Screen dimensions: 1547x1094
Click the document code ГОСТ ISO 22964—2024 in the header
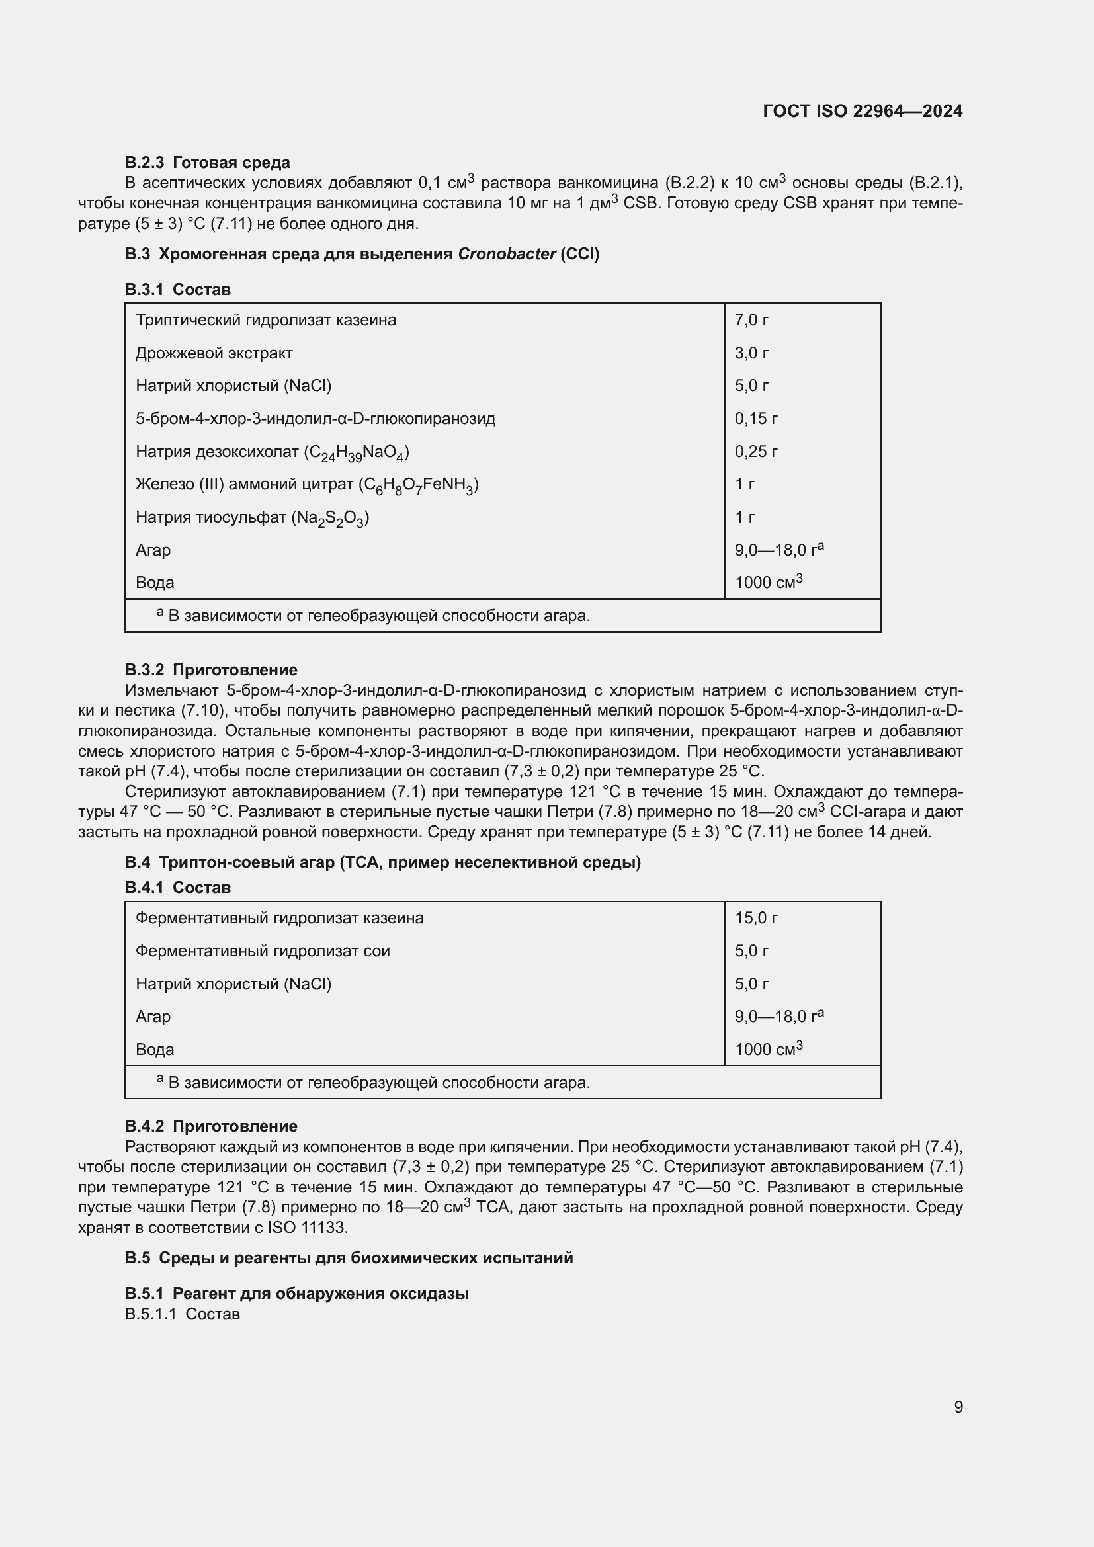pos(863,111)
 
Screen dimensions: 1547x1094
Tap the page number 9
pos(958,1407)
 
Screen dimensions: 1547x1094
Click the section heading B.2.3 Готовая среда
pos(208,163)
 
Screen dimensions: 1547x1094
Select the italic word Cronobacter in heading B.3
pos(507,254)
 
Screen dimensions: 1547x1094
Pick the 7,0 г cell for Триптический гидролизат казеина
pos(751,320)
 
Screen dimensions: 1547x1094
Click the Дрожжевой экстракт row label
pos(214,353)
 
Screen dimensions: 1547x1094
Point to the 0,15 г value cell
pos(756,419)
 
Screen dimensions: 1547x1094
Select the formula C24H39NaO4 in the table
pos(357,453)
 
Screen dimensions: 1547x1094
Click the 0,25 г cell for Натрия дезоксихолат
pos(756,452)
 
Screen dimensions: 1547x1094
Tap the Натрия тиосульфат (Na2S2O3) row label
pos(252,517)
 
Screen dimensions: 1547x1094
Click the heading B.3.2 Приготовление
pos(211,670)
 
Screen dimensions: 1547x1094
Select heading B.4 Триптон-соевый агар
pos(382,862)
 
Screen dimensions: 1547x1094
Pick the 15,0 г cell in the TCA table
pos(756,918)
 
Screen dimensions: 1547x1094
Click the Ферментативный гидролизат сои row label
pos(263,950)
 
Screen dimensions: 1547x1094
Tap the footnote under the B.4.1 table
pos(374,1082)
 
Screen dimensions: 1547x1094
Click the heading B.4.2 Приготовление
pos(211,1126)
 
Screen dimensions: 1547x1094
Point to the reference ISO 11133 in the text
pos(307,1227)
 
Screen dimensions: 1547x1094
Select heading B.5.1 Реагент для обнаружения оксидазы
pos(296,1293)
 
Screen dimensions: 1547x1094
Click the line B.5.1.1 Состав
pos(182,1314)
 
